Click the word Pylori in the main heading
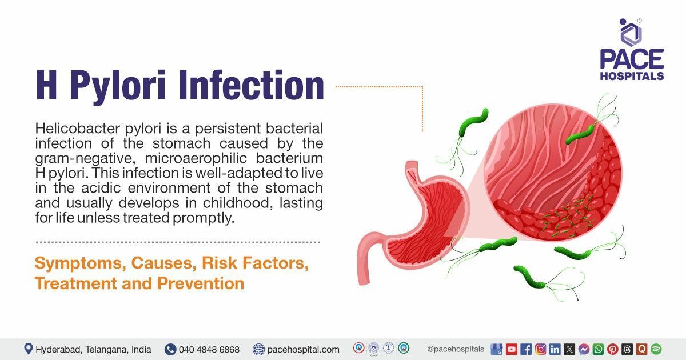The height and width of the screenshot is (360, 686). click(x=121, y=86)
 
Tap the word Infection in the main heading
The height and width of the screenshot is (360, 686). click(x=251, y=86)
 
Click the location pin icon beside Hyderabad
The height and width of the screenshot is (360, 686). click(x=28, y=349)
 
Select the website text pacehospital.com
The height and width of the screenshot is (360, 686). click(x=303, y=349)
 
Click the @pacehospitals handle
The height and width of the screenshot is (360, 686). click(x=456, y=349)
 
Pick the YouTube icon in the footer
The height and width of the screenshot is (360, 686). click(x=511, y=349)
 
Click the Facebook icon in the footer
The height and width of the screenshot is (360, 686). click(x=526, y=349)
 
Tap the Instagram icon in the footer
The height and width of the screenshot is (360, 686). click(x=540, y=349)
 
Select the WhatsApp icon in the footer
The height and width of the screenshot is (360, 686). click(x=598, y=349)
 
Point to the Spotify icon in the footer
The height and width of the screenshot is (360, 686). click(x=656, y=349)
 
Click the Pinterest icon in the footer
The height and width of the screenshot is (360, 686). click(x=612, y=349)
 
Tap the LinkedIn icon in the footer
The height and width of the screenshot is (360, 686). click(x=555, y=349)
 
